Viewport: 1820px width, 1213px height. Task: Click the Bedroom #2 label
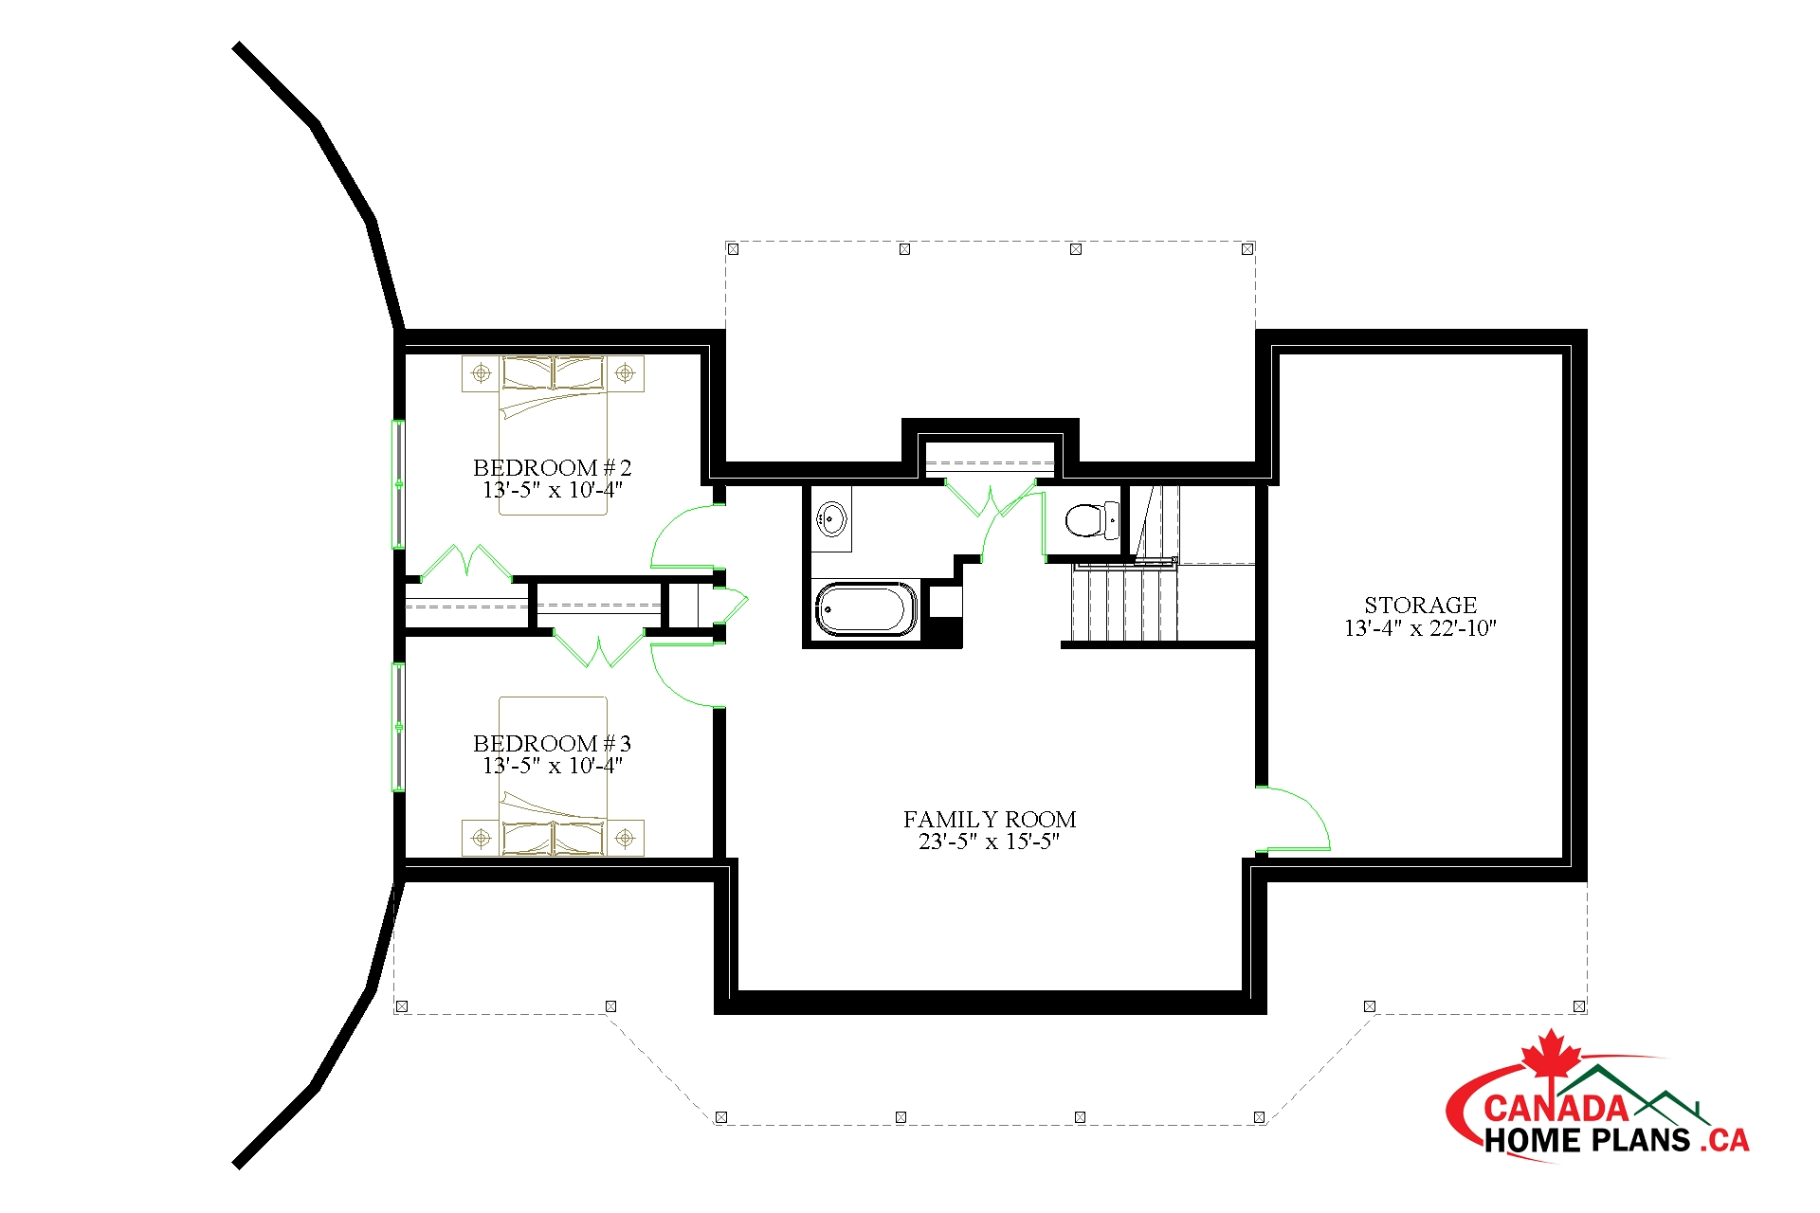tap(552, 467)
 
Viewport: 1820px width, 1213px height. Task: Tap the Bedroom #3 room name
tap(552, 743)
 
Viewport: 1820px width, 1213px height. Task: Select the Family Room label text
tap(990, 819)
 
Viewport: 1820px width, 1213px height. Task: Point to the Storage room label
tap(1420, 605)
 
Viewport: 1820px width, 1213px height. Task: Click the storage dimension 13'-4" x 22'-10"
tap(1420, 627)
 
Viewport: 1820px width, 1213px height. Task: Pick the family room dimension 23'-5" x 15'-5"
tap(989, 842)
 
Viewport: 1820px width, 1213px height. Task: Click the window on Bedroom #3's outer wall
tap(399, 727)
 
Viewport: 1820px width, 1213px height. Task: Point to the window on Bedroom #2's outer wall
tap(399, 484)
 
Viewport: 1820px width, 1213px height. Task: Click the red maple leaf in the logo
tap(1551, 1055)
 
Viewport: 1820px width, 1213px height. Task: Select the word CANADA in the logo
tap(1556, 1107)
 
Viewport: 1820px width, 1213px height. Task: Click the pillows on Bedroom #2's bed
tap(553, 372)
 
